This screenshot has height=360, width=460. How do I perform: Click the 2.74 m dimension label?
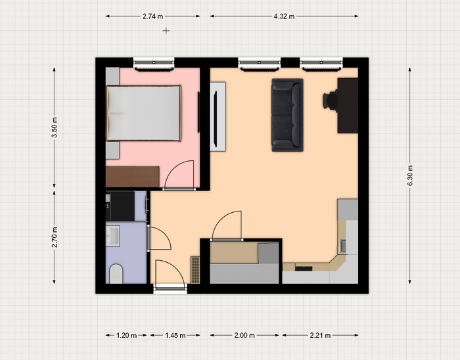(x=152, y=16)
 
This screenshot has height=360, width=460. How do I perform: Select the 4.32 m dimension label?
(x=284, y=16)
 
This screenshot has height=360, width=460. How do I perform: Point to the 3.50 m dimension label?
(x=55, y=127)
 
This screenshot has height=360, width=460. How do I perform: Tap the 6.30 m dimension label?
(x=410, y=175)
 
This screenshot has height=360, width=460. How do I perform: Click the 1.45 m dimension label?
(x=175, y=335)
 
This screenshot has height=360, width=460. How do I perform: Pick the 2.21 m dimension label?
(x=320, y=335)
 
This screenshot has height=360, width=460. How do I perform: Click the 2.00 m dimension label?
(x=244, y=335)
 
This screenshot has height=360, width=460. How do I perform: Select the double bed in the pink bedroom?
(x=144, y=113)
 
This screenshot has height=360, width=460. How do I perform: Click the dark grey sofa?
(x=287, y=115)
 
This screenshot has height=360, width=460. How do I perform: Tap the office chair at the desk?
(x=331, y=101)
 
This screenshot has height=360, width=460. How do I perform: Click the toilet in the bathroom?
(x=116, y=273)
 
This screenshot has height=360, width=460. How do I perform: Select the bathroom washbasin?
(x=113, y=236)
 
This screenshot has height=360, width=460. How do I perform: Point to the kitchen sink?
(x=342, y=246)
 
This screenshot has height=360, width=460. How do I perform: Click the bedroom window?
(x=154, y=64)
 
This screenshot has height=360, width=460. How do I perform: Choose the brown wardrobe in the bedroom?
(x=132, y=177)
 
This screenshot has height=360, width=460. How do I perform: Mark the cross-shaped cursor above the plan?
(x=166, y=31)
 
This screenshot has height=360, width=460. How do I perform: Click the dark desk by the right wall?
(x=348, y=106)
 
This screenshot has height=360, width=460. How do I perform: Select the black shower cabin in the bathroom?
(x=120, y=206)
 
